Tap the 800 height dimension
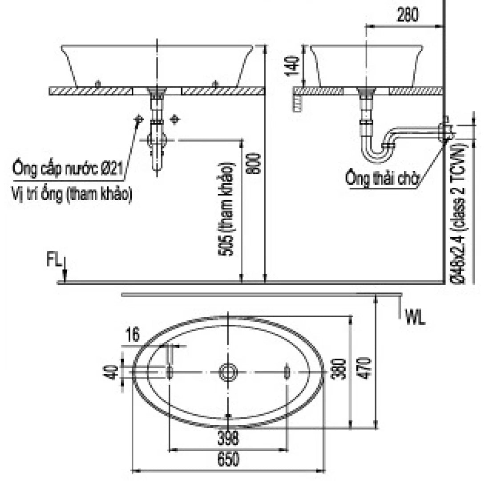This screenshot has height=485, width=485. click(x=254, y=163)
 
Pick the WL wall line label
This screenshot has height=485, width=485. click(x=415, y=317)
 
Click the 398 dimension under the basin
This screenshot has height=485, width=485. click(x=228, y=438)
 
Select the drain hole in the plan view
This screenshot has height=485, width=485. click(x=228, y=372)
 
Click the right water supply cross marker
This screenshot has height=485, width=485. click(x=175, y=119)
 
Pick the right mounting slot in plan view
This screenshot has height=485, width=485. click(x=287, y=371)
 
